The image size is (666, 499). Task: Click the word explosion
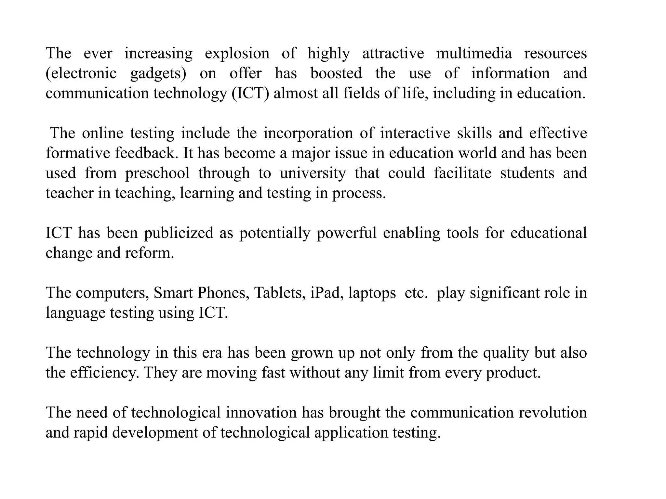pos(237,54)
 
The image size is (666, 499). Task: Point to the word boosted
pos(336,73)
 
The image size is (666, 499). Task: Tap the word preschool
pos(157,173)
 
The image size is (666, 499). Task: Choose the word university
pos(313,173)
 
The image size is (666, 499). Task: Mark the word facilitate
pos(462,173)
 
